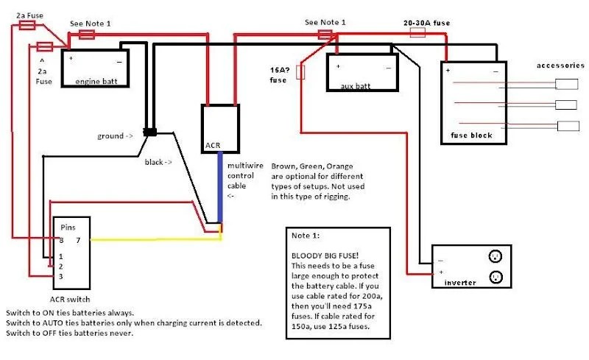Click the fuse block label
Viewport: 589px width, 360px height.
click(x=471, y=135)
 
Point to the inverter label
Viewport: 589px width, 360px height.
click(x=460, y=283)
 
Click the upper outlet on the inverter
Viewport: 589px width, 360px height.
click(x=495, y=256)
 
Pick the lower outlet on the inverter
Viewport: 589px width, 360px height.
click(x=495, y=278)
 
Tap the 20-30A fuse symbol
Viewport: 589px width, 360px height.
click(x=417, y=32)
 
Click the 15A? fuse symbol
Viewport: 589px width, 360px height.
click(x=300, y=71)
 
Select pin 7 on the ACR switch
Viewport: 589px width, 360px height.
click(x=78, y=240)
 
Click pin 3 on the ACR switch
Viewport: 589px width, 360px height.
click(x=61, y=277)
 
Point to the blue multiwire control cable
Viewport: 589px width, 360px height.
click(x=220, y=188)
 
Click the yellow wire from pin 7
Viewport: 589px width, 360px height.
click(x=156, y=239)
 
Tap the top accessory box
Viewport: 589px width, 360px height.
click(x=566, y=84)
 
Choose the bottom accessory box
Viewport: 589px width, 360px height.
click(x=568, y=126)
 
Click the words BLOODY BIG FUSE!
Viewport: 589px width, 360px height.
click(x=325, y=256)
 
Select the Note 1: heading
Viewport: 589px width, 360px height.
click(x=306, y=236)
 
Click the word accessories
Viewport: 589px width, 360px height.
click(x=560, y=66)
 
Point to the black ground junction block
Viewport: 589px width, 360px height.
click(x=150, y=133)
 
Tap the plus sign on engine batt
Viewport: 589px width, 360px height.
click(x=71, y=58)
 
